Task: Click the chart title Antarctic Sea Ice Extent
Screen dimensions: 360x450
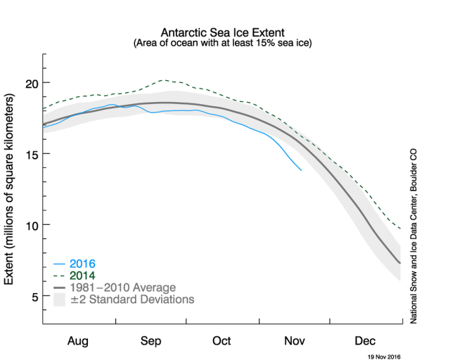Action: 222,32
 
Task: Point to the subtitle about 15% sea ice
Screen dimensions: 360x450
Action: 222,43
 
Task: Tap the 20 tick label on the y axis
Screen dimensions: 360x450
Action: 30,83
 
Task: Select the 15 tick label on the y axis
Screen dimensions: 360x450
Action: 30,154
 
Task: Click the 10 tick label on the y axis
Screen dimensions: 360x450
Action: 30,225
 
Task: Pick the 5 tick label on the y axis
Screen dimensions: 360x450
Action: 34,296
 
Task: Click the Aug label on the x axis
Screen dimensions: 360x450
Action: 78,341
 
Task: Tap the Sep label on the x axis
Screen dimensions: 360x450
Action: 150,341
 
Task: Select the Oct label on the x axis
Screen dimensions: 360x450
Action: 222,341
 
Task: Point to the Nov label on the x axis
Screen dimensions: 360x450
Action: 295,341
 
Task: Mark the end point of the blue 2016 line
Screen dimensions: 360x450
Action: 302,170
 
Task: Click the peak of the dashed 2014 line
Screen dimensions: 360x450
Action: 163,80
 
